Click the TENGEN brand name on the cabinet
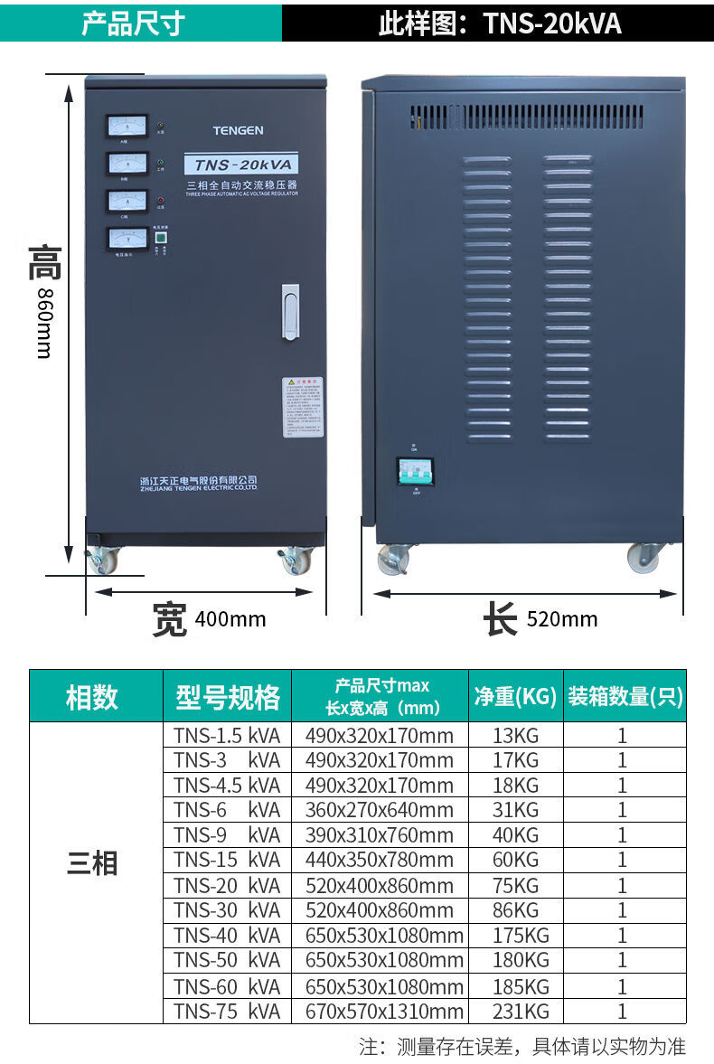[238, 130]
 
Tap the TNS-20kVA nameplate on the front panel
[241, 165]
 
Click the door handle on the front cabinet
[290, 312]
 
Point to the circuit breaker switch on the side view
[415, 471]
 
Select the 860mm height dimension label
[43, 324]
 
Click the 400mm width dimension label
[230, 619]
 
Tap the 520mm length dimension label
[561, 619]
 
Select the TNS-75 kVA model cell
[227, 1011]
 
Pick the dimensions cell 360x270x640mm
[379, 810]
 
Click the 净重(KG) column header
[515, 696]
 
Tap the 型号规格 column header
[227, 697]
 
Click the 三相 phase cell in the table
[92, 863]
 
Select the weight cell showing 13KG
[515, 735]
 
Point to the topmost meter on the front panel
[127, 126]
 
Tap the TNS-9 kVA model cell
[227, 834]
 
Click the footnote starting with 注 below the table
[522, 1047]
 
